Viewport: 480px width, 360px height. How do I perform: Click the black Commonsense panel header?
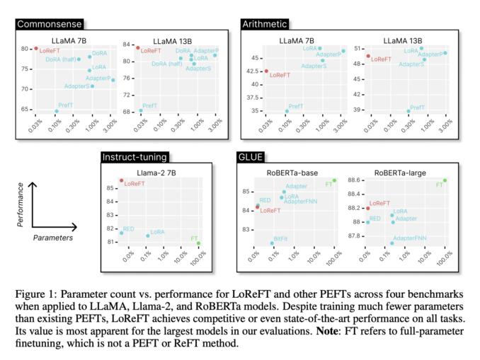click(x=47, y=23)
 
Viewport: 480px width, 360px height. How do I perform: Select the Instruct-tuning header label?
click(x=134, y=156)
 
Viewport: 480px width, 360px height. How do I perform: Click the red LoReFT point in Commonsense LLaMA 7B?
click(x=35, y=48)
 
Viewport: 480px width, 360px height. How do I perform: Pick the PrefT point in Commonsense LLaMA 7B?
click(x=57, y=111)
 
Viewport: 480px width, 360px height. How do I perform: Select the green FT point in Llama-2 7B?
click(x=199, y=243)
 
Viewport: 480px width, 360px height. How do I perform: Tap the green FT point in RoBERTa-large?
click(x=445, y=180)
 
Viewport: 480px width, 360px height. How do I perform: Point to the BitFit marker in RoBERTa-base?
click(x=272, y=243)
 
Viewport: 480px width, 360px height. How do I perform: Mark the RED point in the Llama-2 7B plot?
click(x=121, y=233)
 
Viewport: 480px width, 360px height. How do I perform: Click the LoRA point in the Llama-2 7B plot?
click(x=147, y=236)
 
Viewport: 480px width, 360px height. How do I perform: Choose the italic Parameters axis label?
click(x=53, y=238)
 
